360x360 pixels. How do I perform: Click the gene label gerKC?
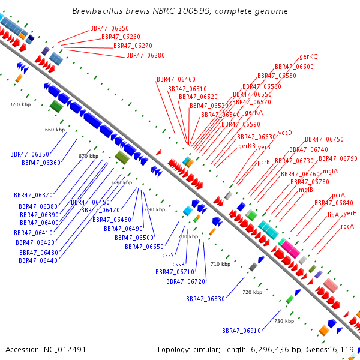tap(308, 57)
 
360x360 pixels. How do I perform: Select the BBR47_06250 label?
tap(109, 28)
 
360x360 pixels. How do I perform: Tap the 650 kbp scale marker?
tap(20, 104)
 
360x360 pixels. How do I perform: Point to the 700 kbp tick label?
tap(188, 236)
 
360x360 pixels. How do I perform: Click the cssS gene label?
tap(168, 256)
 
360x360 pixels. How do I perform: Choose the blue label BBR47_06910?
tap(242, 331)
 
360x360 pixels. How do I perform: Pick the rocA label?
tap(347, 226)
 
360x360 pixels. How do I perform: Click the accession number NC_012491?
tap(65, 350)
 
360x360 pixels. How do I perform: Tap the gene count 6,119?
tap(343, 350)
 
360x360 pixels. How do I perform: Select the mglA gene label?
tap(331, 171)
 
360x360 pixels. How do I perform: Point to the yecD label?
tap(285, 133)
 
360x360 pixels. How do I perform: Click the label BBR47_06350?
tap(29, 154)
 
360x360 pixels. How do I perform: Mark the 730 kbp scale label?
tap(284, 321)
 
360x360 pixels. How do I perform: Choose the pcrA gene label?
tap(338, 196)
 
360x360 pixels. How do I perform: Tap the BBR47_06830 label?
tap(205, 299)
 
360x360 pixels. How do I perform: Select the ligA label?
tap(333, 215)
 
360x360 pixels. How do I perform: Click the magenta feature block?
tap(290, 249)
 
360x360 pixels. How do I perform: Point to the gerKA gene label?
tap(254, 113)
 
